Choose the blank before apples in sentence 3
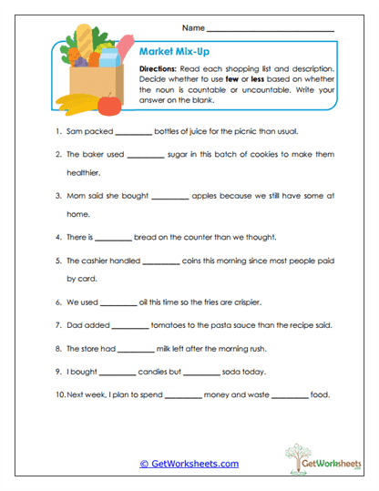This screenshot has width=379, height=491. coord(169,197)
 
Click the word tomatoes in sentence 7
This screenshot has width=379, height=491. coord(170,325)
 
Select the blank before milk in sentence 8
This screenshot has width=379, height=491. coord(137,349)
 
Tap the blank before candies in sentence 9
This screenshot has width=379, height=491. coord(116,373)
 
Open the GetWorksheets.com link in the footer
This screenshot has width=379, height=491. coord(189,464)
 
